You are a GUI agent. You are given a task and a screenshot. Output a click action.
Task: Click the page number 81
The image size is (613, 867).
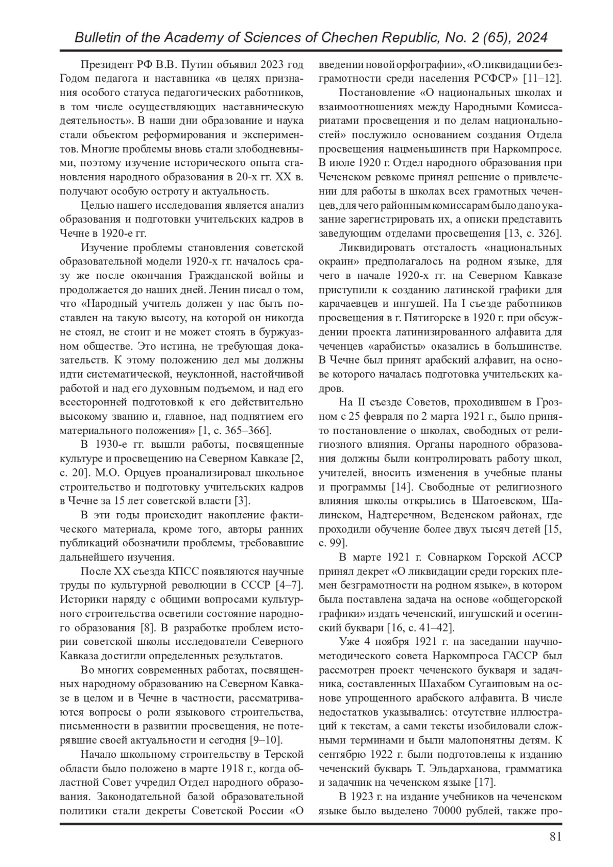pyautogui.click(x=555, y=836)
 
